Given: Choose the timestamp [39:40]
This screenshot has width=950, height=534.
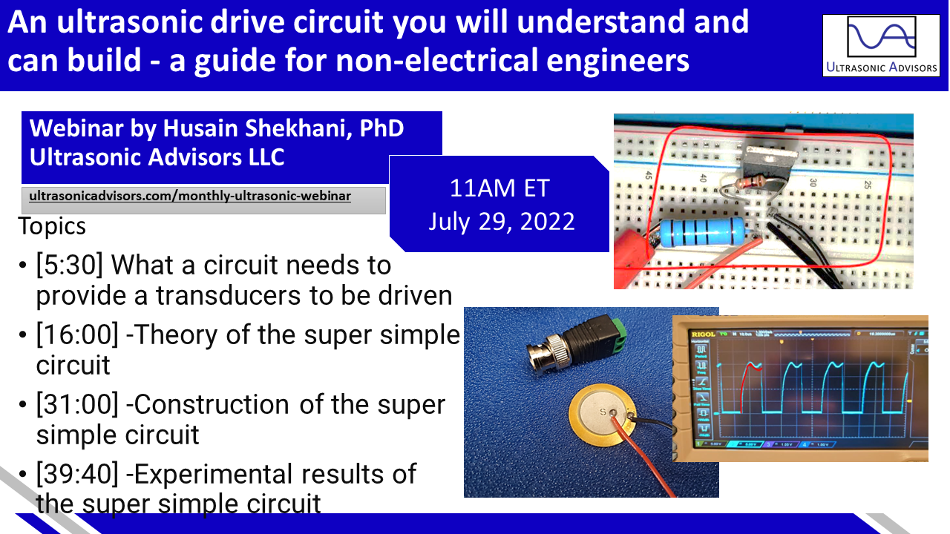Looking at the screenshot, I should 77,474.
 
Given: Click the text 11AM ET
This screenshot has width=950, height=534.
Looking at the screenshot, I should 499,188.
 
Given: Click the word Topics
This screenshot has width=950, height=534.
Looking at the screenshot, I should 52,225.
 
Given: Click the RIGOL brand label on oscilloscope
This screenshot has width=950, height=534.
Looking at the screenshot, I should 703,334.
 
